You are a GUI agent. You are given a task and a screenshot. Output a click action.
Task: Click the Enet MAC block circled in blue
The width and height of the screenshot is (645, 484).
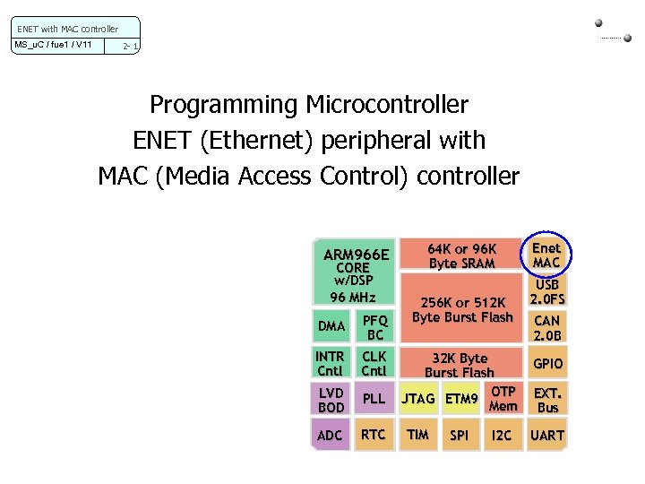point(546,255)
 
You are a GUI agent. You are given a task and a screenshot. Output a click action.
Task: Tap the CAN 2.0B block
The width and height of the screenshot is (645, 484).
point(546,328)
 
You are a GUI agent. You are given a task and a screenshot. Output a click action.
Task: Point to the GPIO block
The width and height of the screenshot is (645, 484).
point(547,364)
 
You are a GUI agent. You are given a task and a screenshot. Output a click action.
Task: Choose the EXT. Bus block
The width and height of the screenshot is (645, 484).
point(547,400)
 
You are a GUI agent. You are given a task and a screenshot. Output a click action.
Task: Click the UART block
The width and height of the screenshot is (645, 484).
point(547,436)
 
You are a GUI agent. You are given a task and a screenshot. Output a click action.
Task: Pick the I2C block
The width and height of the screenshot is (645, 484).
point(502,436)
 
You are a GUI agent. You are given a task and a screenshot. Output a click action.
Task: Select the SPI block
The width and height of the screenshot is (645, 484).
point(460,436)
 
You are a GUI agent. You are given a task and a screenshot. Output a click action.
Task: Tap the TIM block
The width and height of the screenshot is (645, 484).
point(417,435)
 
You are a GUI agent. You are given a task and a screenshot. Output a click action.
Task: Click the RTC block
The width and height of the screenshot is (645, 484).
point(373,435)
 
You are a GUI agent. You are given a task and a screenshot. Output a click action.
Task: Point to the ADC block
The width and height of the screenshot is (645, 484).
point(330,436)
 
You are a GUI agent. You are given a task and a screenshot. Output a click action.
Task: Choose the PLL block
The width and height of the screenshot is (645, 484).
point(373,399)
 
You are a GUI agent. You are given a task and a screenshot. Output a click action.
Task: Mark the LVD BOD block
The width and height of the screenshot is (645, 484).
point(331,400)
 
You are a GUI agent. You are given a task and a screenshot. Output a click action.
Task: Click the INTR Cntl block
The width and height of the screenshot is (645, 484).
point(330,363)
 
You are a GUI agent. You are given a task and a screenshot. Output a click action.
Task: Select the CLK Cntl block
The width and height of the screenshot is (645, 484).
point(374,363)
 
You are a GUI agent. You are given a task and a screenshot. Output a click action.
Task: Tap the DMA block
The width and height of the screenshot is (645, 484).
point(331,326)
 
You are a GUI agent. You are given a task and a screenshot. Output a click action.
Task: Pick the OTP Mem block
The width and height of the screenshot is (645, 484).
point(503,399)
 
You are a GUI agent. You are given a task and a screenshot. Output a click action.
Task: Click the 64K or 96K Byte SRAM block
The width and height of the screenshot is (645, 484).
point(461,255)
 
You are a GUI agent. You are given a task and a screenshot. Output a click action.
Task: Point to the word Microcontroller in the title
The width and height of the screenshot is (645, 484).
point(386,105)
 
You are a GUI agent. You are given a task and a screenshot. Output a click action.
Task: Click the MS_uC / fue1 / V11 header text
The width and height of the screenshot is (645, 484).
point(53,45)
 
